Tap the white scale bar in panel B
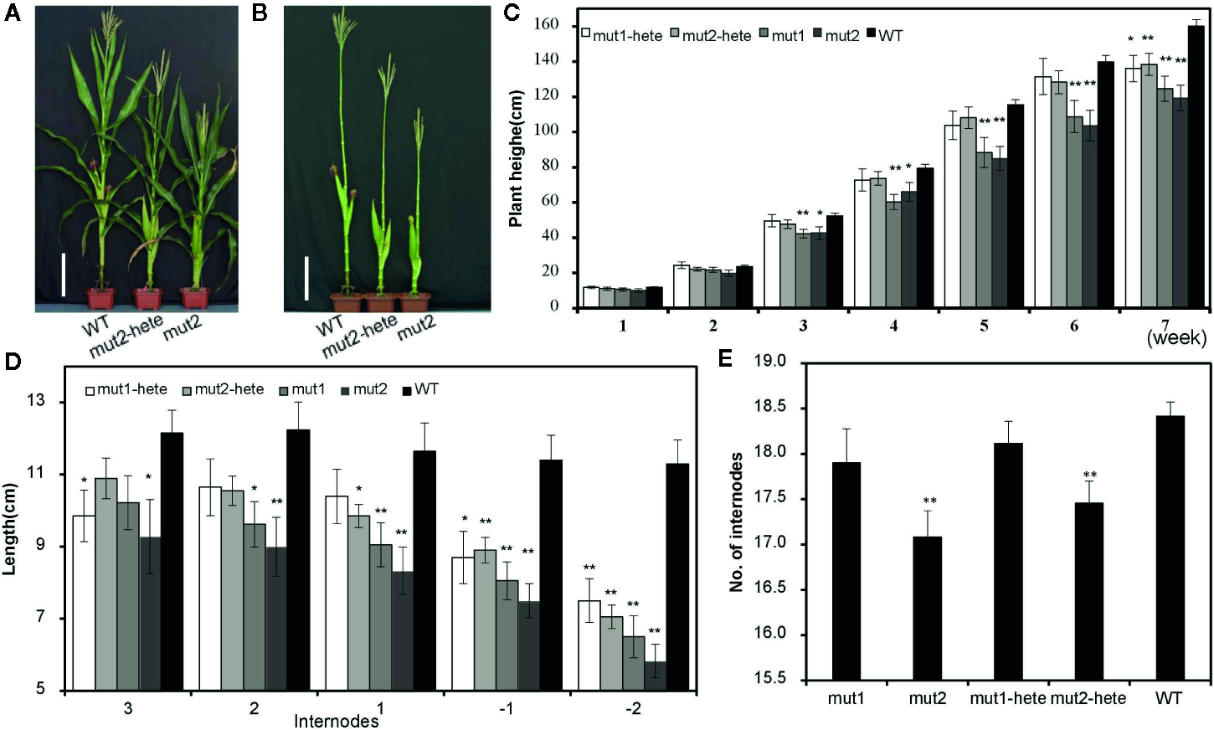point(306,278)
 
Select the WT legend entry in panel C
point(884,35)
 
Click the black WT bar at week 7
point(1196,167)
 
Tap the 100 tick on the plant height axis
point(547,131)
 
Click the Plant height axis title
point(516,157)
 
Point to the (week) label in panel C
point(1176,338)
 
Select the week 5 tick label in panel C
point(984,326)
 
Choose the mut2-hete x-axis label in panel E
point(1088,698)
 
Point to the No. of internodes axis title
point(737,522)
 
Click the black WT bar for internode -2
point(677,577)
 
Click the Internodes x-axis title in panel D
point(336,721)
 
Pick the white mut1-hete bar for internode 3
point(84,603)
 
